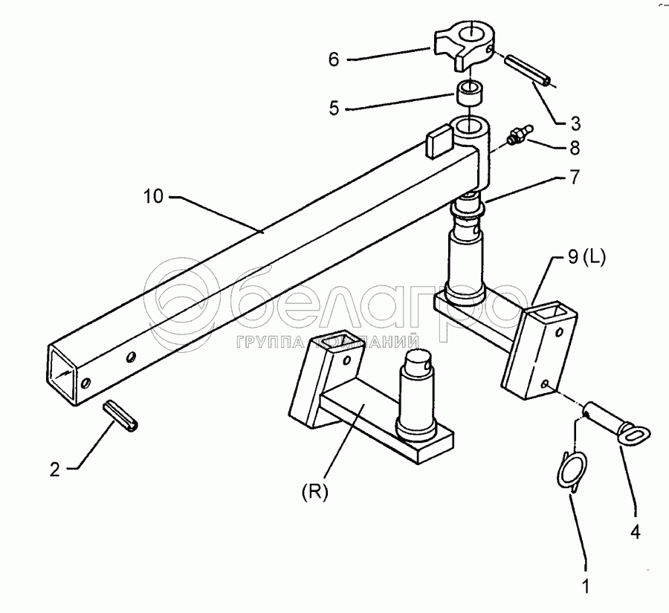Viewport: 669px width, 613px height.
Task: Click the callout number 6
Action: (x=334, y=59)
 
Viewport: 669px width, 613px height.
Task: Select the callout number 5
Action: (x=334, y=108)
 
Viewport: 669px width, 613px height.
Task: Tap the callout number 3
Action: (x=575, y=123)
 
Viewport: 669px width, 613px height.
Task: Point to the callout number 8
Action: (x=575, y=148)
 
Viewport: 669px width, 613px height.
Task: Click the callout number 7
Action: (x=575, y=177)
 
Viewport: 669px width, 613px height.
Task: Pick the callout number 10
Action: (x=153, y=197)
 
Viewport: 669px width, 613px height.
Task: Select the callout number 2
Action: (x=54, y=470)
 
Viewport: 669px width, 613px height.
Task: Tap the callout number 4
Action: (x=636, y=532)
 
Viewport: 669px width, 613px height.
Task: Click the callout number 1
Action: (x=586, y=586)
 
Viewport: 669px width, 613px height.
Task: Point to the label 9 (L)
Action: (x=586, y=258)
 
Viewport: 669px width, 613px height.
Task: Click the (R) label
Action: (x=315, y=493)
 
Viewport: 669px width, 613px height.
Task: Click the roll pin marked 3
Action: (x=529, y=71)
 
